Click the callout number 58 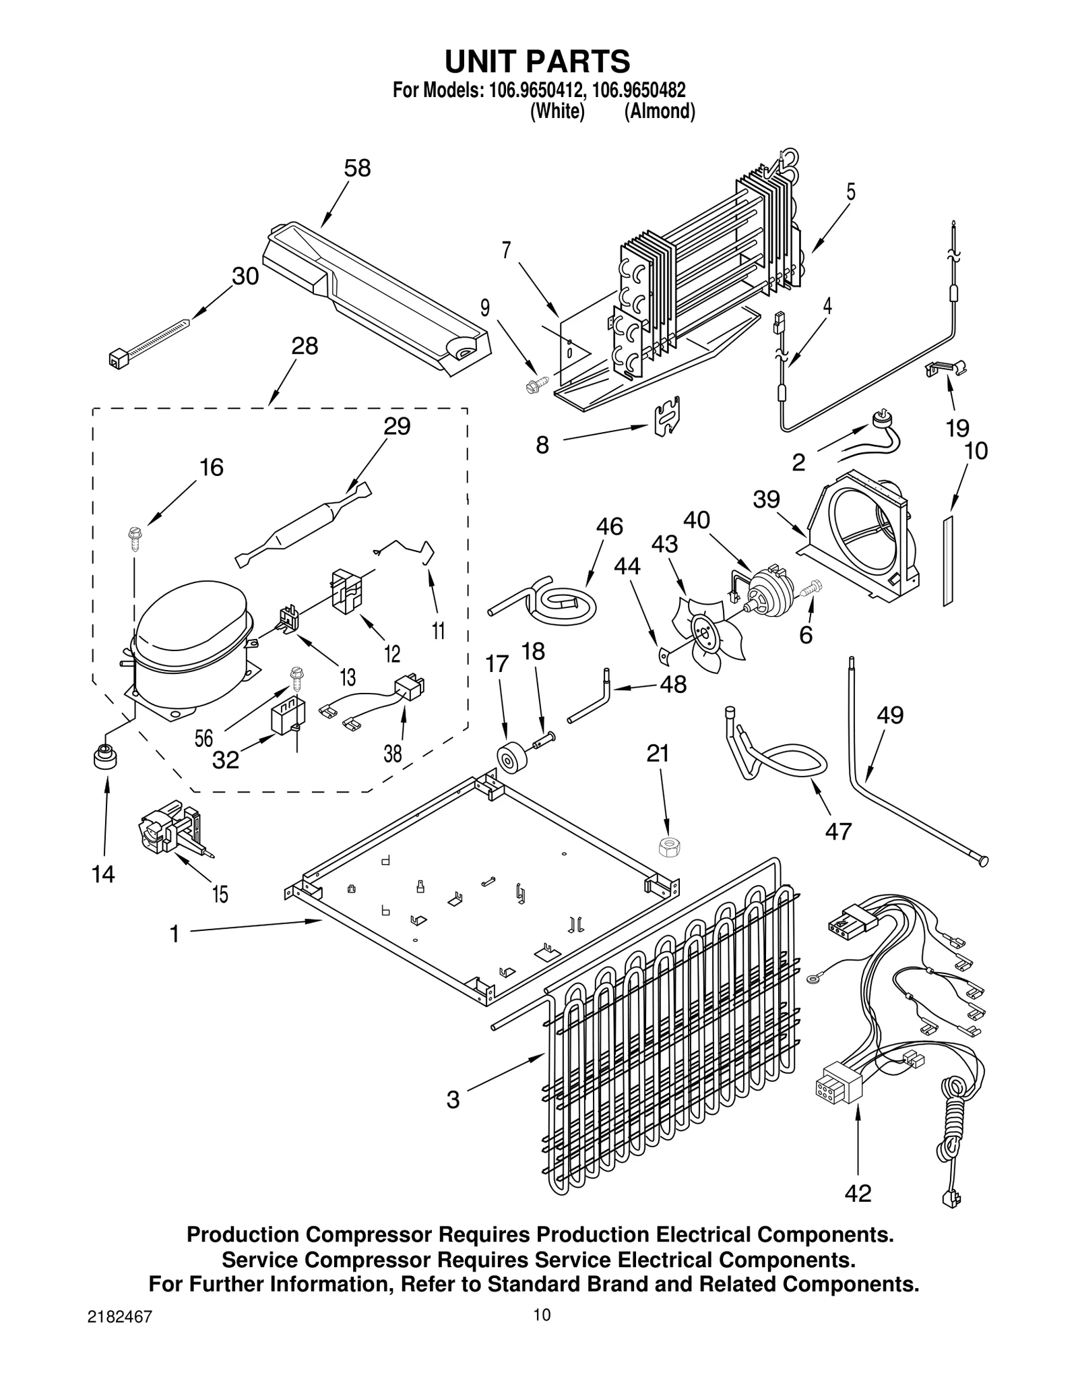pos(357,168)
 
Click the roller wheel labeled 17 pos(513,758)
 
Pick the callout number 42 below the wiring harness pos(858,1193)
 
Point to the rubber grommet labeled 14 pos(105,757)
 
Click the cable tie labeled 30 pos(148,340)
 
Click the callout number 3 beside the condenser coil pos(453,1099)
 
